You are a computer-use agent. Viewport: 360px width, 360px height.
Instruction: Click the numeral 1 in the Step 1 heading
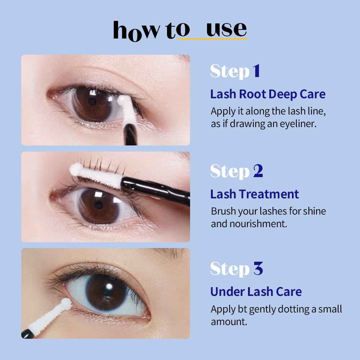(x=256, y=71)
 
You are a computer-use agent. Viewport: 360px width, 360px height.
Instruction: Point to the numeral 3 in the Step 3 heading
(x=258, y=269)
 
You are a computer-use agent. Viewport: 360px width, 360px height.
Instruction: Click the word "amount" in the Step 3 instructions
(x=229, y=321)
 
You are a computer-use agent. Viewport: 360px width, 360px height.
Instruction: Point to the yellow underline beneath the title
(x=212, y=38)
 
